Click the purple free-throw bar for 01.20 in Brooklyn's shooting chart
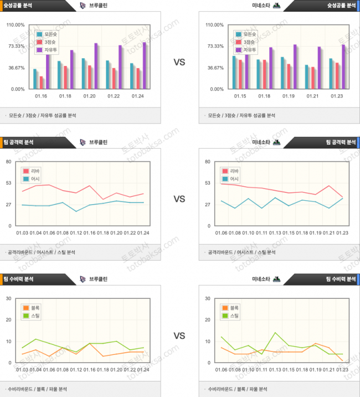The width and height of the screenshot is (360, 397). tap(96, 66)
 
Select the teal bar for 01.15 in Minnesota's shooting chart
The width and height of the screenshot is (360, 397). tap(234, 72)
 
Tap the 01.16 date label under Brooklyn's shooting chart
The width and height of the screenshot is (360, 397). tap(41, 95)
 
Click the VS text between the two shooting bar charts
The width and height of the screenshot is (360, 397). tap(179, 62)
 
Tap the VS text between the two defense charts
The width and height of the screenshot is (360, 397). tap(179, 336)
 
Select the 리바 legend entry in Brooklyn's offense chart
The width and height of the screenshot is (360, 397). tap(34, 171)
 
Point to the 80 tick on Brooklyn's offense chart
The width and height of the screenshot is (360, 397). tap(9, 161)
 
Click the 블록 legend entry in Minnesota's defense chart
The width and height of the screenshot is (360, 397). tap(234, 308)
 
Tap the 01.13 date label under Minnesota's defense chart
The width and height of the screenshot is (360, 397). tap(275, 369)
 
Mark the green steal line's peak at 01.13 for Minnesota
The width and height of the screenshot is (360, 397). tap(275, 333)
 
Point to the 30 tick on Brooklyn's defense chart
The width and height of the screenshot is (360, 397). tap(9, 298)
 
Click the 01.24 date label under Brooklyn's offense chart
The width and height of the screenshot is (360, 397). tap(143, 232)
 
